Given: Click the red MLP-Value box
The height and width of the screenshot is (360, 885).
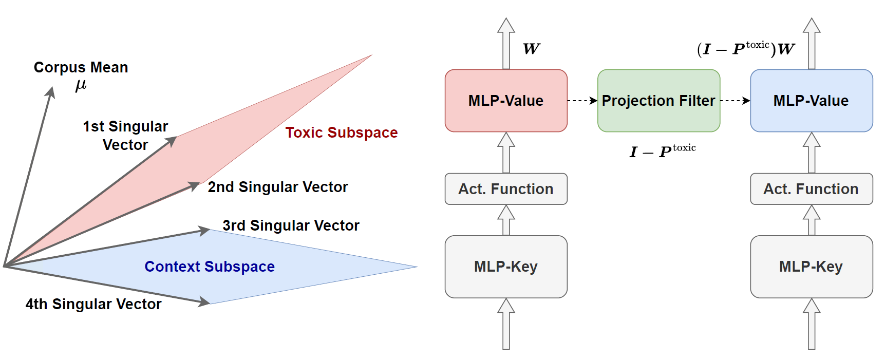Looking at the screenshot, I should click(x=506, y=101).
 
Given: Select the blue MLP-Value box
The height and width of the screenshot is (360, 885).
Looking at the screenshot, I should click(x=811, y=101).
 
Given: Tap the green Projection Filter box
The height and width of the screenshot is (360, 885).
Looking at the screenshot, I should click(x=658, y=101).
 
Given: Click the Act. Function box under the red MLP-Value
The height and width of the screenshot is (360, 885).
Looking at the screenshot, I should click(x=506, y=189).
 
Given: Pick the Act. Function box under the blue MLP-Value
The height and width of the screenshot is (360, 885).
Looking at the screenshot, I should click(x=811, y=189).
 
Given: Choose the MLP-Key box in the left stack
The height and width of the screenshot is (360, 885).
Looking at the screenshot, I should click(x=506, y=267).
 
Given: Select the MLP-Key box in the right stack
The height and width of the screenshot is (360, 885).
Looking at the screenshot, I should click(x=811, y=267).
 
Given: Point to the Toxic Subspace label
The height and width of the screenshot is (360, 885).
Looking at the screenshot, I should click(x=342, y=132).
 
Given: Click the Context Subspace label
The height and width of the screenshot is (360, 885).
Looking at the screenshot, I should click(x=210, y=267).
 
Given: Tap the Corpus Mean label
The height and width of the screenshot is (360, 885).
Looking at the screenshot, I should click(x=81, y=67).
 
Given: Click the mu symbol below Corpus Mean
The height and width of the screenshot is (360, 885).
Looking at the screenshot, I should click(x=81, y=85).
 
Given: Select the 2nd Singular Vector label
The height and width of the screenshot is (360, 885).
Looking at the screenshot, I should click(x=277, y=187).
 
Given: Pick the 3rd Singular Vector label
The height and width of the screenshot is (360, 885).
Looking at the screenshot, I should click(x=291, y=225).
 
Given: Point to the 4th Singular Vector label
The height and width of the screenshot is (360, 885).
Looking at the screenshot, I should click(x=93, y=304).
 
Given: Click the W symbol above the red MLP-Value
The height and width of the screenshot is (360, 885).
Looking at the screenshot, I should click(x=531, y=49).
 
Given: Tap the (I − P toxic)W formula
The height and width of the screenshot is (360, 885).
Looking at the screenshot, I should click(x=746, y=49).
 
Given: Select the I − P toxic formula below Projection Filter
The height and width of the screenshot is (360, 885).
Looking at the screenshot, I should click(x=663, y=151).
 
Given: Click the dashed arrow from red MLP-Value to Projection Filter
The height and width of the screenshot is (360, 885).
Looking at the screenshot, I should click(x=582, y=101).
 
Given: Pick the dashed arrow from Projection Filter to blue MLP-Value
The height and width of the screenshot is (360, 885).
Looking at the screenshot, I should click(x=735, y=101).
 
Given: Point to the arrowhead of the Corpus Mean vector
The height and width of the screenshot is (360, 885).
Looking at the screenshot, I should click(x=51, y=91).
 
